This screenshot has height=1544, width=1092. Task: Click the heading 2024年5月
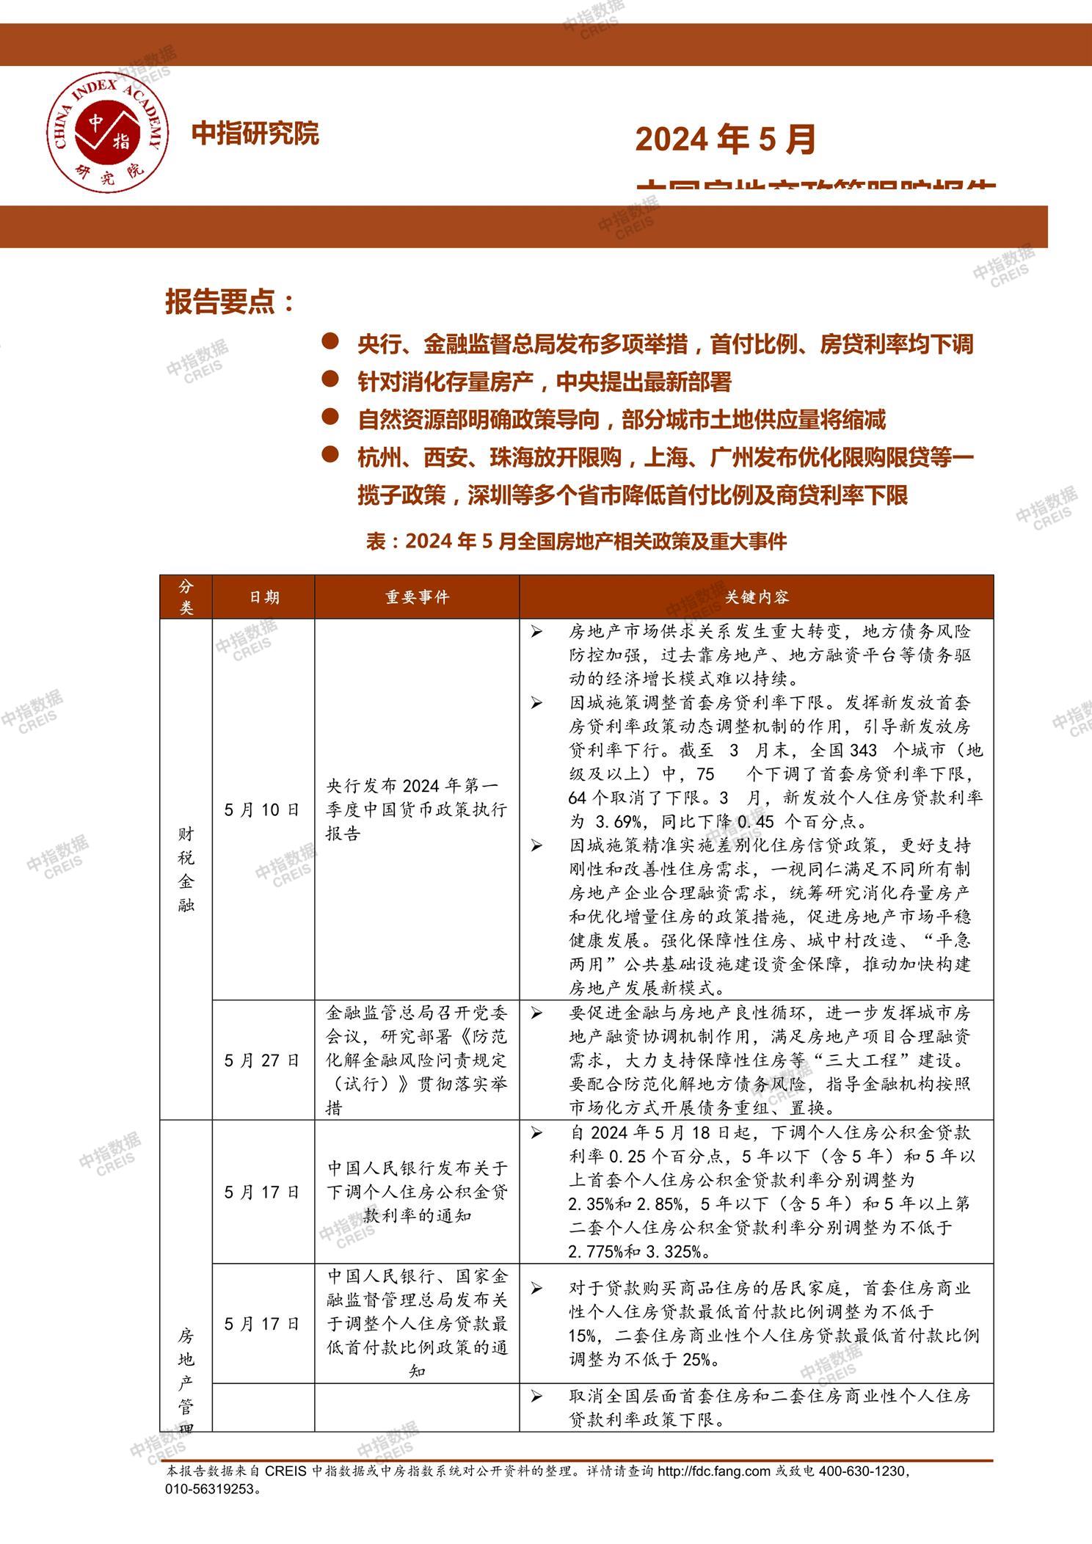(725, 139)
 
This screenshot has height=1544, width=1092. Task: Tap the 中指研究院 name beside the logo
(255, 134)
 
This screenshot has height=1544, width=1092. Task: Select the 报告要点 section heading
(229, 302)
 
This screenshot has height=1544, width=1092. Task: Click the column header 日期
(263, 597)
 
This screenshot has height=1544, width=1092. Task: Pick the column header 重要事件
(417, 597)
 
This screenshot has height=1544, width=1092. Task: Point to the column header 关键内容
(756, 597)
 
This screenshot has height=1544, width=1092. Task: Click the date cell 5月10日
(263, 809)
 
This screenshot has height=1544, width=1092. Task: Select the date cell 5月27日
(263, 1060)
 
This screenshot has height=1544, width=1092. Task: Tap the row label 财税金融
(186, 870)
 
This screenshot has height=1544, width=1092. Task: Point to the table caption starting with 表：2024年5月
(576, 542)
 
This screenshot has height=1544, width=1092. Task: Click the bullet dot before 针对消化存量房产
(330, 379)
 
